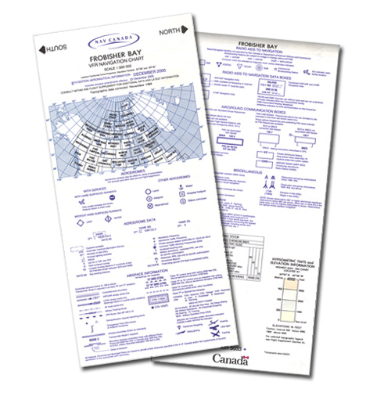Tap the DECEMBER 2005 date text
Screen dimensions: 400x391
(143, 92)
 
